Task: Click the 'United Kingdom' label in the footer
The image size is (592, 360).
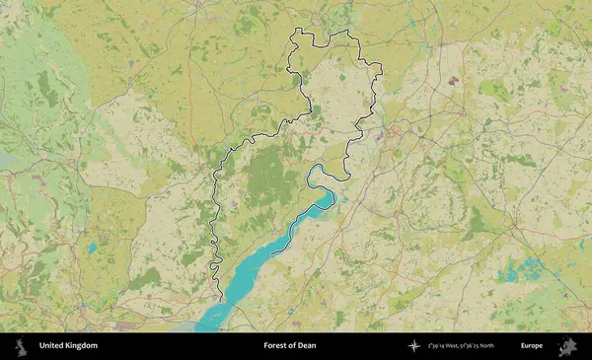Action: (x=68, y=346)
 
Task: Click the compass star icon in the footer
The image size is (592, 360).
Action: (x=412, y=346)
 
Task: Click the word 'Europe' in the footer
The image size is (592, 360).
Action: (x=532, y=346)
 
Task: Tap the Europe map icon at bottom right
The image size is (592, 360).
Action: (x=566, y=346)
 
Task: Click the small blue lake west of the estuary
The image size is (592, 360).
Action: (x=93, y=248)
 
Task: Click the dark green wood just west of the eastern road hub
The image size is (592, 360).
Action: (x=480, y=223)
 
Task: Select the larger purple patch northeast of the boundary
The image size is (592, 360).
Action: (x=453, y=78)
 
